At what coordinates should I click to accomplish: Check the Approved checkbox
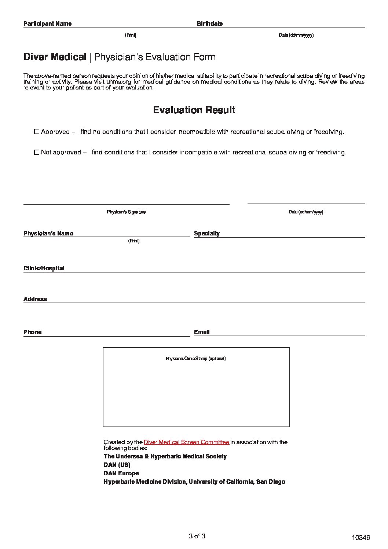[36, 132]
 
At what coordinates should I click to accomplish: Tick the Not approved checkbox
[36, 152]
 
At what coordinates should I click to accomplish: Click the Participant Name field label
[48, 24]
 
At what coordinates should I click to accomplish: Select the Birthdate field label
[210, 24]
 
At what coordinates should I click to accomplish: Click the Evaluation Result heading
[194, 110]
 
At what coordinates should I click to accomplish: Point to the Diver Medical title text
[55, 57]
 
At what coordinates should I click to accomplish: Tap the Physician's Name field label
[48, 234]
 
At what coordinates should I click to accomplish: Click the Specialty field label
[207, 234]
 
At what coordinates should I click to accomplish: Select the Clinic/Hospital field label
[44, 268]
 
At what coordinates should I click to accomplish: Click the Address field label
[35, 299]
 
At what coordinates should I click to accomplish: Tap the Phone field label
[33, 332]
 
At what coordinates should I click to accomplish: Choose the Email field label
[202, 332]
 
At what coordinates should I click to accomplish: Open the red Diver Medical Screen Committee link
[186, 442]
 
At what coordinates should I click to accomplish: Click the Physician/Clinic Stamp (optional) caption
[196, 359]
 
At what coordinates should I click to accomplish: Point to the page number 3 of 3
[197, 537]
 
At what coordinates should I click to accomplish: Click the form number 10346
[360, 538]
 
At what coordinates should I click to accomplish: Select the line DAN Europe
[121, 473]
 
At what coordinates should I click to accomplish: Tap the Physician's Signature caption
[126, 212]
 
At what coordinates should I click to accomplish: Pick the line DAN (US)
[117, 465]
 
